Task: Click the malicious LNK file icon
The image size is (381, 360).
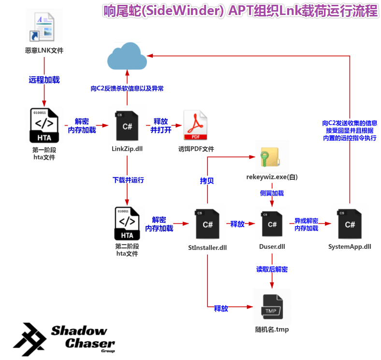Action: [x=44, y=28]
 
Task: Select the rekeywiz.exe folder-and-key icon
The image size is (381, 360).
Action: [x=272, y=157]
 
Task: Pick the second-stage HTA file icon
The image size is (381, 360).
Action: [x=127, y=223]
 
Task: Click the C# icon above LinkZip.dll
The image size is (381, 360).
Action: [x=127, y=127]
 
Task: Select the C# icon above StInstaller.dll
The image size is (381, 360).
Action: [x=207, y=224]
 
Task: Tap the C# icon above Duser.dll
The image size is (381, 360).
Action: [x=272, y=224]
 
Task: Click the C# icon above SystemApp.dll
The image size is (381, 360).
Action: [x=350, y=224]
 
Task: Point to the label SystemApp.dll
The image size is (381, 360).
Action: [x=350, y=247]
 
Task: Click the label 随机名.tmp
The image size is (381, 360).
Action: [x=272, y=330]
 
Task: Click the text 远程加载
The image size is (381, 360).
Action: [x=44, y=80]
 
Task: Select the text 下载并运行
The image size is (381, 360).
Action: [x=128, y=180]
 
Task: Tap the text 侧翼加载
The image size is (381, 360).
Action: [x=272, y=193]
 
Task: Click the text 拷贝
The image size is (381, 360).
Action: [x=207, y=181]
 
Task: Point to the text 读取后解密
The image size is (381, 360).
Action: [x=272, y=269]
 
